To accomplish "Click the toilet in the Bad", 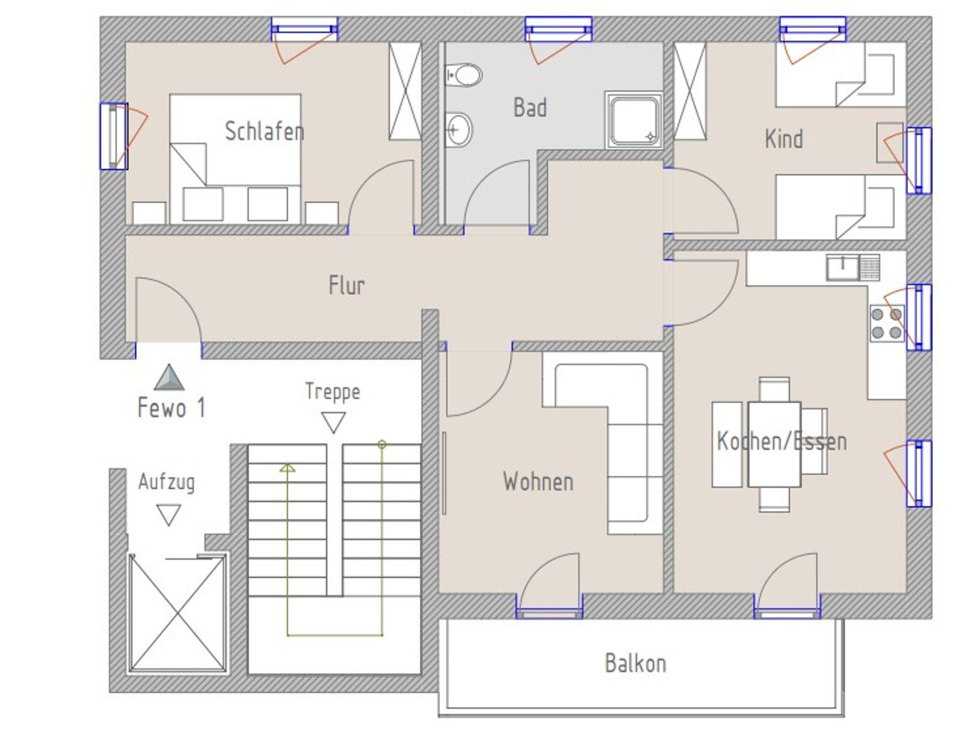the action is (x=464, y=75).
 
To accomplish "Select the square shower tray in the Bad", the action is (x=634, y=120).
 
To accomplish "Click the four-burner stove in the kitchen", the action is (x=887, y=323).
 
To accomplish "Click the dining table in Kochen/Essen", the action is (x=774, y=445).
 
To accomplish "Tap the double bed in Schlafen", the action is (x=235, y=158).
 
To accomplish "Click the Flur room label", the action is (x=346, y=285).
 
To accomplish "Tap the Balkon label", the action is (x=635, y=663).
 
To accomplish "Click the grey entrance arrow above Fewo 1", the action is (x=169, y=377).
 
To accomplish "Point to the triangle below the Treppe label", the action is (x=334, y=423).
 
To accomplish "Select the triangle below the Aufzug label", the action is (x=168, y=515).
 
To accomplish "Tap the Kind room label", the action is (x=784, y=139).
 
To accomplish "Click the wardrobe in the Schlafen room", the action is (x=405, y=91).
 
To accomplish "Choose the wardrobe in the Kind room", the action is (x=690, y=91).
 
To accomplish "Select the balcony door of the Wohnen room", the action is (x=549, y=586).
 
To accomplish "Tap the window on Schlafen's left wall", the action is (x=114, y=136).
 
